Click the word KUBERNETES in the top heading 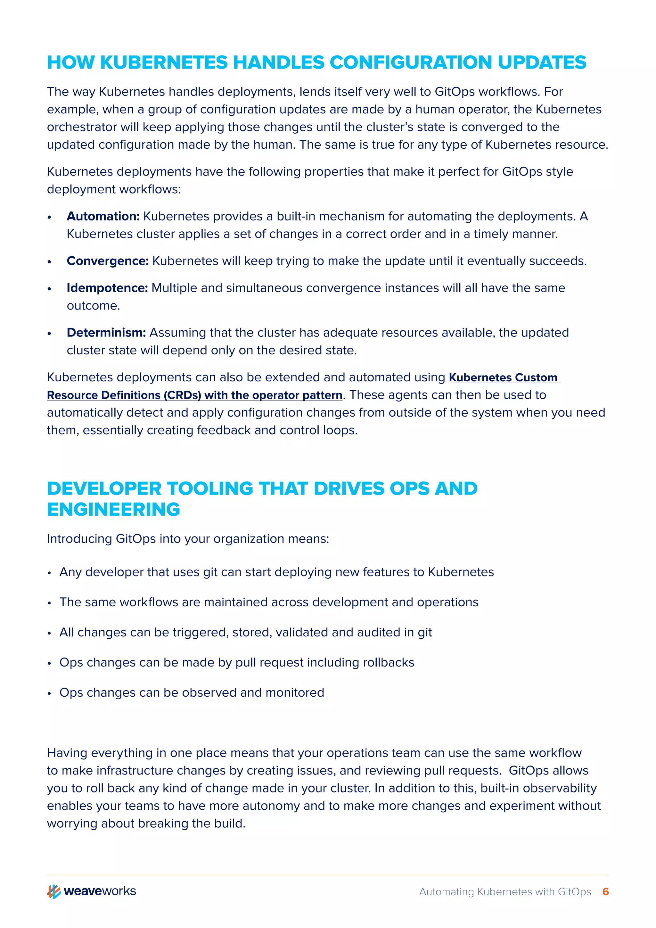(164, 63)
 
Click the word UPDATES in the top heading (542, 63)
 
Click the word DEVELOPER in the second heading (104, 489)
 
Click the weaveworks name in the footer (100, 891)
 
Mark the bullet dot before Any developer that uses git (49, 573)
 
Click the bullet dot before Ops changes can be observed (49, 693)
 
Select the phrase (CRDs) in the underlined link (182, 395)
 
